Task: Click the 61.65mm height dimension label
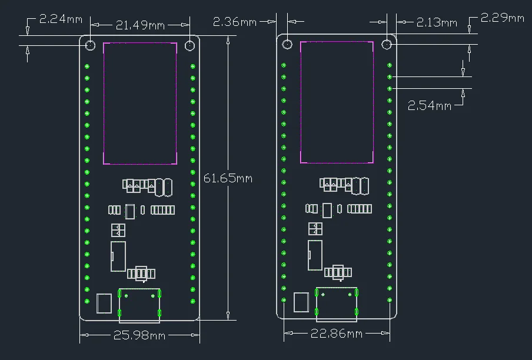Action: [x=228, y=178]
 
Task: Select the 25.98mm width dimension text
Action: [x=139, y=335]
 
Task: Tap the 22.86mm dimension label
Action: [x=337, y=334]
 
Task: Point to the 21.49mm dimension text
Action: [x=140, y=25]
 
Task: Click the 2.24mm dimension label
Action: [x=61, y=19]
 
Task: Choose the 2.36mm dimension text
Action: [x=235, y=22]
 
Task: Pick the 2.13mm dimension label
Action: [x=437, y=22]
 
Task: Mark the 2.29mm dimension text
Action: [x=503, y=18]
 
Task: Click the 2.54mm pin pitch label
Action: [x=430, y=105]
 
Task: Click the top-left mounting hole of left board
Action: [x=90, y=45]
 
